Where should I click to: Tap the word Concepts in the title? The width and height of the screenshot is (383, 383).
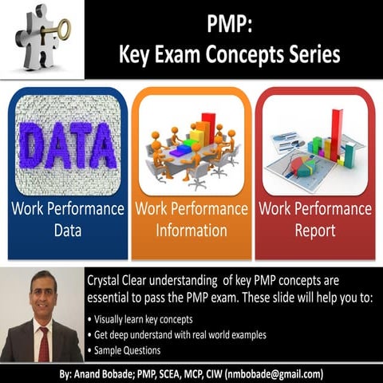245,54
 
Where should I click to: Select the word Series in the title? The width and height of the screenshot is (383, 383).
313,54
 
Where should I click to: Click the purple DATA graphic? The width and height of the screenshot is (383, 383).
66,145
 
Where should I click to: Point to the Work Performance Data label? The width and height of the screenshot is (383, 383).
67,220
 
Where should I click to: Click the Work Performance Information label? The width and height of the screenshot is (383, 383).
191,220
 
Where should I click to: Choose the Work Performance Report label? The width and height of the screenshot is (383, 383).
314,220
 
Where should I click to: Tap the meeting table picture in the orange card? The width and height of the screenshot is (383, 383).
191,148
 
